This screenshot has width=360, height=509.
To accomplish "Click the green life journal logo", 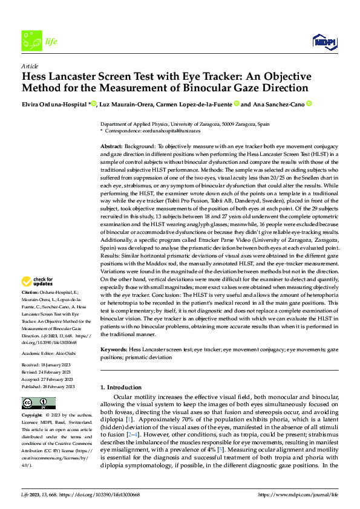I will point(31,41).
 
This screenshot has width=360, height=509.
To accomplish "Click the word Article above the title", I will point(30,66).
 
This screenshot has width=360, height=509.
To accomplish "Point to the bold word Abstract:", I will point(111,147).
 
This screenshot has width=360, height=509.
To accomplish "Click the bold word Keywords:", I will point(113,349).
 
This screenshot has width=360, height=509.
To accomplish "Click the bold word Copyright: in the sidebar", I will point(32,416).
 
